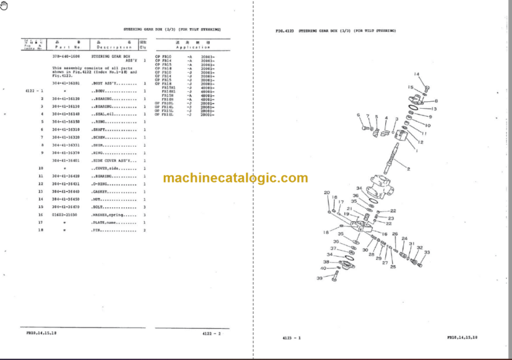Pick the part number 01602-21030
point(66,215)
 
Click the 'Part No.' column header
point(67,47)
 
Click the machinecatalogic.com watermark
point(235,178)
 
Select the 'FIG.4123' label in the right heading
point(287,31)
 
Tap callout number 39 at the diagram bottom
point(319,278)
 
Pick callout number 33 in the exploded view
point(427,253)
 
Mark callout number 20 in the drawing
point(327,193)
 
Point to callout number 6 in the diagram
point(359,115)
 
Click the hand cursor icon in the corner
point(6,6)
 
